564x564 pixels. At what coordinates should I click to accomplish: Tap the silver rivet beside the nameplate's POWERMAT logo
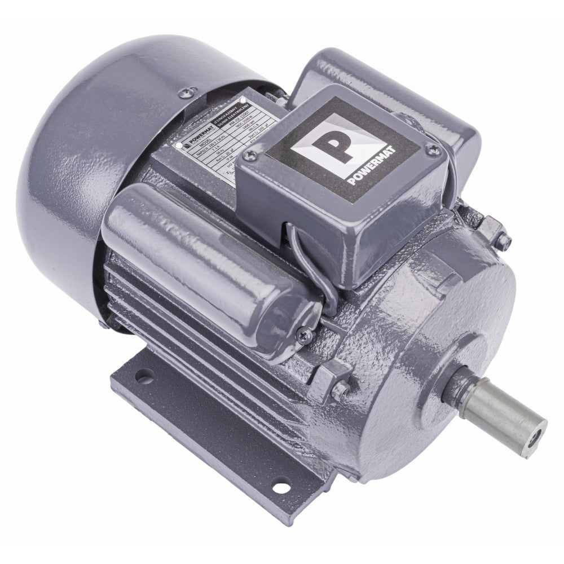[179, 145]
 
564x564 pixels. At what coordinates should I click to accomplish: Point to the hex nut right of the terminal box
[503, 241]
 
